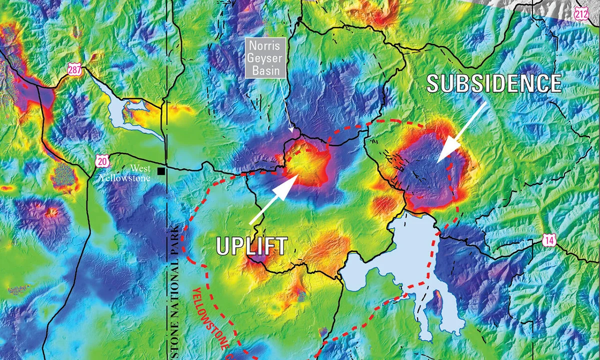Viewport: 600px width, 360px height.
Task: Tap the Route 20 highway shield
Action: point(102,160)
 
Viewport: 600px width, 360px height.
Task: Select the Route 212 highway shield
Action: point(581,14)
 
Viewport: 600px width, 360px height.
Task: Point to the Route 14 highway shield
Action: point(549,241)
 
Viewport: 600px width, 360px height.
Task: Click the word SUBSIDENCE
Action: point(494,83)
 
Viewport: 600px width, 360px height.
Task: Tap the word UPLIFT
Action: point(251,245)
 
